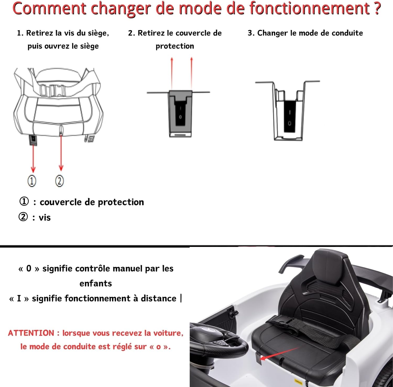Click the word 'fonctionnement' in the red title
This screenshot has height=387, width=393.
point(309,8)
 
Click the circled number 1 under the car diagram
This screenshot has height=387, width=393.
point(32,181)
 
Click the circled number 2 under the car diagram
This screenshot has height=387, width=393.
point(59,181)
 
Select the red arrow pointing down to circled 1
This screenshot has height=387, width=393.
point(33,158)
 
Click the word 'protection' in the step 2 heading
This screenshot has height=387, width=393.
point(175,46)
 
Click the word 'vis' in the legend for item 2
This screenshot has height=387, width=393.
point(45,218)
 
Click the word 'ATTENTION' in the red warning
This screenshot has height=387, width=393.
point(31,333)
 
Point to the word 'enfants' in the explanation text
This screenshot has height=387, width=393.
point(96,283)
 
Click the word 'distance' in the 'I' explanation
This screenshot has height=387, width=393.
point(159,298)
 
